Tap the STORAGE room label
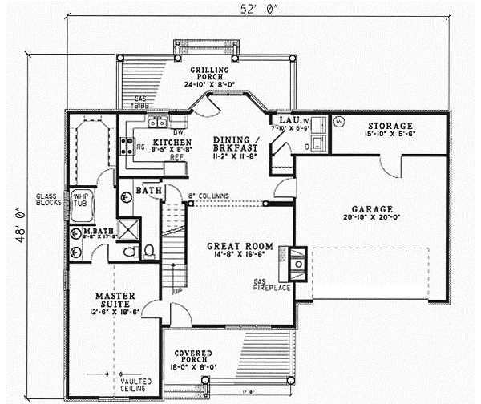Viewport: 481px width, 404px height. (390, 127)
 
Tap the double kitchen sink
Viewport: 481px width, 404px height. (156, 122)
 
